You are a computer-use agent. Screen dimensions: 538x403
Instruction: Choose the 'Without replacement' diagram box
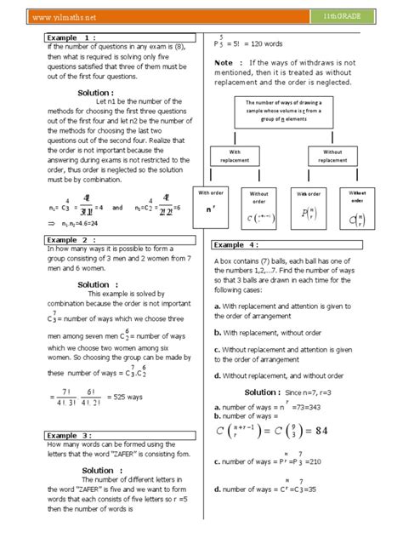(x=333, y=155)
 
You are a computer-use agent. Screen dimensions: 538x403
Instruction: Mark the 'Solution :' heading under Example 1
(x=101, y=92)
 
